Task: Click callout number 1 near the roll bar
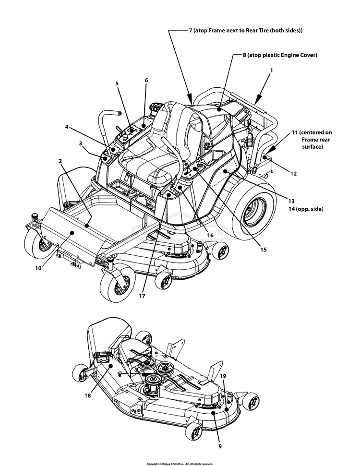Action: point(271,70)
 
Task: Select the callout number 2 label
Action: point(60,161)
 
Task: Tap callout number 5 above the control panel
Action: point(117,83)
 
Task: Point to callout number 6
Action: point(146,80)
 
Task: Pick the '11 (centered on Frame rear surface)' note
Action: point(312,139)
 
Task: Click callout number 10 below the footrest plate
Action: point(38,268)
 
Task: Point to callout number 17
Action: point(142,296)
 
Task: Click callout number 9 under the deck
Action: point(220,446)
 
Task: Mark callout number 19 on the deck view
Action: point(223,377)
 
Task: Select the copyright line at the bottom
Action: point(180,464)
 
